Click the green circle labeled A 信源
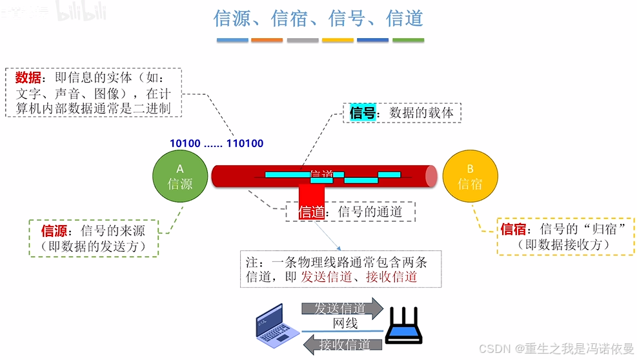pyautogui.click(x=180, y=176)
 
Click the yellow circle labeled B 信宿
pyautogui.click(x=470, y=176)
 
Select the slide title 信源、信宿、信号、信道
pyautogui.click(x=318, y=18)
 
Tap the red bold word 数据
pyautogui.click(x=28, y=78)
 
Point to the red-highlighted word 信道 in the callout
pyautogui.click(x=312, y=212)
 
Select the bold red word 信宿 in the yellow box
pyautogui.click(x=514, y=229)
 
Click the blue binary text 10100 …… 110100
pyautogui.click(x=216, y=143)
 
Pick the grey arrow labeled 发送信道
pyautogui.click(x=342, y=308)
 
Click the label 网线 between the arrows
pyautogui.click(x=345, y=324)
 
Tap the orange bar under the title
pyautogui.click(x=267, y=40)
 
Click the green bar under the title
pyautogui.click(x=408, y=40)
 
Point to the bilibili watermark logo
pyautogui.click(x=76, y=11)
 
